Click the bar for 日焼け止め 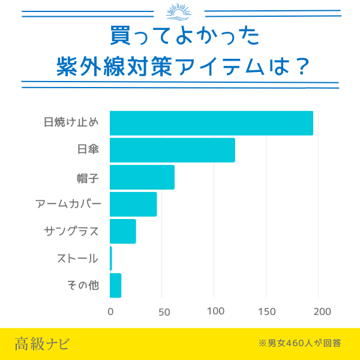tap(211, 123)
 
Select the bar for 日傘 tap(172, 150)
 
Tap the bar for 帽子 tap(142, 177)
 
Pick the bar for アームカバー tap(133, 204)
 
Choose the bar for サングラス tap(123, 231)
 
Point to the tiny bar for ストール tap(111, 258)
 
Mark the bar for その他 tap(116, 285)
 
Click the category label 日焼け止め tap(71, 123)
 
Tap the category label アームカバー tap(68, 204)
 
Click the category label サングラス tap(71, 231)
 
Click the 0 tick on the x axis tap(110, 311)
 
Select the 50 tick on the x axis tap(163, 311)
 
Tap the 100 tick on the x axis tap(215, 311)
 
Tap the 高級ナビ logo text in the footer tap(42, 344)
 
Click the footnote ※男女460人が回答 tap(299, 344)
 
